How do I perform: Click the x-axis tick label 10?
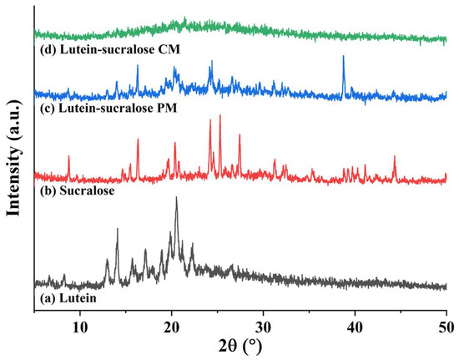79,318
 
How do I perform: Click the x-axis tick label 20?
171,318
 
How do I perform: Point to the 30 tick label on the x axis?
263,318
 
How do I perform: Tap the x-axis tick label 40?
355,318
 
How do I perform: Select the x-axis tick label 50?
446,318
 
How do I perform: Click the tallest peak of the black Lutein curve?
175,198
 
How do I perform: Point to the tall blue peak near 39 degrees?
343,57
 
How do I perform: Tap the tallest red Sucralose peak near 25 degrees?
219,116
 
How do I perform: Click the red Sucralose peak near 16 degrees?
138,140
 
